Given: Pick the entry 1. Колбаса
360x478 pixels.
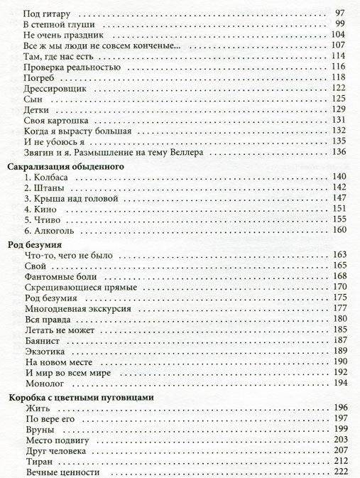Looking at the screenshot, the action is [x=45, y=177].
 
